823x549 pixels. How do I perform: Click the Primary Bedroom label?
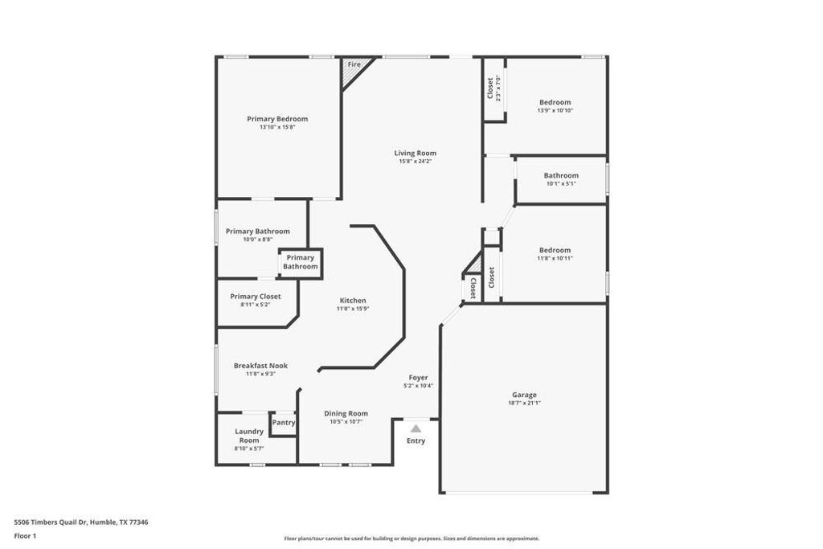click(x=277, y=119)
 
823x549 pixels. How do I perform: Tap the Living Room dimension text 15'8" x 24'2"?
click(x=415, y=162)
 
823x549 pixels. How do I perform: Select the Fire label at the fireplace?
click(x=354, y=64)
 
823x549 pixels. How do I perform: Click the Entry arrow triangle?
click(x=416, y=429)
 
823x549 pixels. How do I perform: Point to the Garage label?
click(x=524, y=395)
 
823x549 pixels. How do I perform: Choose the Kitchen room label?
click(x=352, y=301)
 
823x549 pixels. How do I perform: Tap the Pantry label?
click(x=284, y=423)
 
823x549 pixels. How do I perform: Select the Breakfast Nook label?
click(x=260, y=366)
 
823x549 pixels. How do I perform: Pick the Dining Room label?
click(x=346, y=413)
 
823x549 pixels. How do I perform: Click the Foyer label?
click(x=418, y=377)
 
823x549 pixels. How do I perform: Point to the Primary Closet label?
click(x=255, y=297)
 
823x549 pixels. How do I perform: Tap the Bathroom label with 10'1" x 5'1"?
click(x=561, y=175)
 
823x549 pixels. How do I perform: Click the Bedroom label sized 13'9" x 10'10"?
click(x=555, y=102)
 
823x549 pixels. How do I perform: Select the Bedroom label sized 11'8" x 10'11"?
click(x=555, y=250)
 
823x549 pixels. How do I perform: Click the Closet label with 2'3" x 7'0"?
click(x=490, y=88)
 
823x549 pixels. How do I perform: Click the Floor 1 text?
click(x=25, y=535)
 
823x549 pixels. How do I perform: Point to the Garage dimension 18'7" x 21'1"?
click(x=524, y=403)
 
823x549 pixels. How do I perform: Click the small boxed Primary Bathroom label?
click(x=300, y=262)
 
